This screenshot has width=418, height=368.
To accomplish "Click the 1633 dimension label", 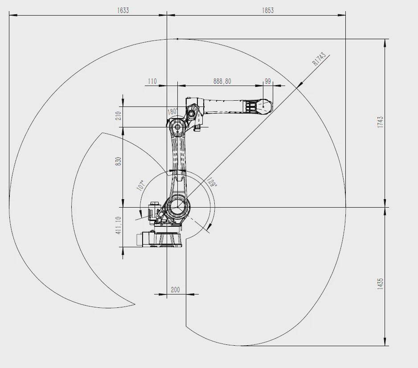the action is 123,10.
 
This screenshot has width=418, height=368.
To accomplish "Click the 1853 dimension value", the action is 268,10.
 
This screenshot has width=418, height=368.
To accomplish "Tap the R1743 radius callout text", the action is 319,59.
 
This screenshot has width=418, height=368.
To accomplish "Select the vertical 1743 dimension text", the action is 381,122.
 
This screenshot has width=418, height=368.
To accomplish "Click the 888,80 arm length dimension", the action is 222,81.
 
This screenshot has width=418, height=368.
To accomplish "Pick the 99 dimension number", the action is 268,81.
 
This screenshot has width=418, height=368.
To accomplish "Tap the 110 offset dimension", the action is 152,81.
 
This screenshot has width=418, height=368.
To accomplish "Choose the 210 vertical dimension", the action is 119,116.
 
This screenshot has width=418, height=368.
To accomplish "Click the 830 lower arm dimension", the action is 119,161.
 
